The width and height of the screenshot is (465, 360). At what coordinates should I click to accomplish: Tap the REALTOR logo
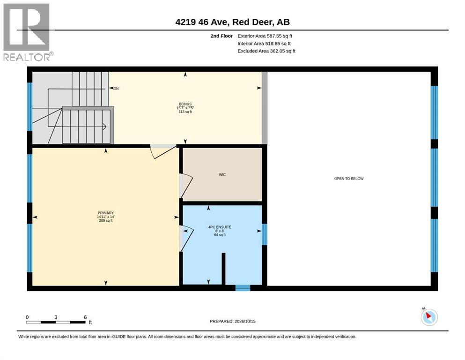pyautogui.click(x=28, y=32)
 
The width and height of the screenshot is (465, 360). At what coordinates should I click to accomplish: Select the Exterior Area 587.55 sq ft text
pyautogui.click(x=265, y=36)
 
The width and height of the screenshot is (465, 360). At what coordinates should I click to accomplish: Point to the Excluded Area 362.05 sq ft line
pyautogui.click(x=266, y=51)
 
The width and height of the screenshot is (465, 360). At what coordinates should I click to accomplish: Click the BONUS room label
pyautogui.click(x=185, y=104)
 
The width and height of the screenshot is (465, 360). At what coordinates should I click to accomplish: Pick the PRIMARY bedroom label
pyautogui.click(x=106, y=213)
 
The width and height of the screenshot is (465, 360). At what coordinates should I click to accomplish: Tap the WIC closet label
pyautogui.click(x=222, y=174)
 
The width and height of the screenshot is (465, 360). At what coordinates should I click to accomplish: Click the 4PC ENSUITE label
pyautogui.click(x=220, y=227)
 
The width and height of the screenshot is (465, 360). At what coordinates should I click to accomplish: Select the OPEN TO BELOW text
pyautogui.click(x=349, y=179)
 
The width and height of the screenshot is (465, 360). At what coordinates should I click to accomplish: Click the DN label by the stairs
pyautogui.click(x=116, y=89)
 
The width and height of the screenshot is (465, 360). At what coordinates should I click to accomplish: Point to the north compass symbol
pyautogui.click(x=429, y=317)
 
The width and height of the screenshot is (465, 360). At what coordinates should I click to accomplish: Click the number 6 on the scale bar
pyautogui.click(x=85, y=317)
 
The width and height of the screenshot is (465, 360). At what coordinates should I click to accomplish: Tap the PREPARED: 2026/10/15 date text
pyautogui.click(x=232, y=321)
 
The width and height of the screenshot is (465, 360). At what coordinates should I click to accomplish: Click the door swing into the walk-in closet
pyautogui.click(x=186, y=186)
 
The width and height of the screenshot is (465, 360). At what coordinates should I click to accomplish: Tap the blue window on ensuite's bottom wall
pyautogui.click(x=243, y=288)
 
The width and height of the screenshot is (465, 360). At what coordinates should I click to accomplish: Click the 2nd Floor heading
pyautogui.click(x=221, y=36)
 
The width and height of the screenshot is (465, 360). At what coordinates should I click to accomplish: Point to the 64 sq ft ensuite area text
pyautogui.click(x=220, y=235)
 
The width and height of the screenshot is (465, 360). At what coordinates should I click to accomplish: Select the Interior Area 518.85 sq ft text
pyautogui.click(x=264, y=44)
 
